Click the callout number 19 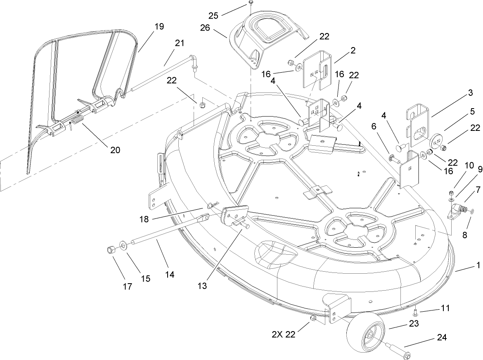point(159,26)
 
